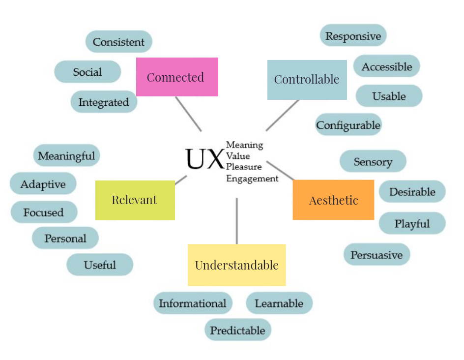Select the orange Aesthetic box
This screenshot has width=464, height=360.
[333, 200]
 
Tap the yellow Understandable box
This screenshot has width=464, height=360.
[236, 265]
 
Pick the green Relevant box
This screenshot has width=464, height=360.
[135, 200]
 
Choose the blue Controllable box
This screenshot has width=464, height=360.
[307, 79]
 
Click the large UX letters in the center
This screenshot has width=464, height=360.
[204, 158]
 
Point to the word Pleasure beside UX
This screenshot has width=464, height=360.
[244, 167]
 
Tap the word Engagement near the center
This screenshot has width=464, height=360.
[252, 179]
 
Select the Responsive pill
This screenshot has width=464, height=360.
[353, 36]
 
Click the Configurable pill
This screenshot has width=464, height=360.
[348, 125]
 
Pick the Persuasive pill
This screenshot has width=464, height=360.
[377, 255]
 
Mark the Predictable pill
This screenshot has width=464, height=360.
[237, 330]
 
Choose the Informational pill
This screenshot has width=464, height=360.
[192, 303]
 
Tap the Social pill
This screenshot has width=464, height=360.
[87, 72]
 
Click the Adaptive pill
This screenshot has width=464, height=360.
[43, 184]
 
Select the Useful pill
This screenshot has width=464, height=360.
[100, 265]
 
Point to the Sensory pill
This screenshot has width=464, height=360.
[373, 161]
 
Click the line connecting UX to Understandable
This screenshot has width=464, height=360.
[236, 221]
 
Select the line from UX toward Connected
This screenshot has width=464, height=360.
[188, 114]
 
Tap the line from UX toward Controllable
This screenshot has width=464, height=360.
[282, 116]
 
